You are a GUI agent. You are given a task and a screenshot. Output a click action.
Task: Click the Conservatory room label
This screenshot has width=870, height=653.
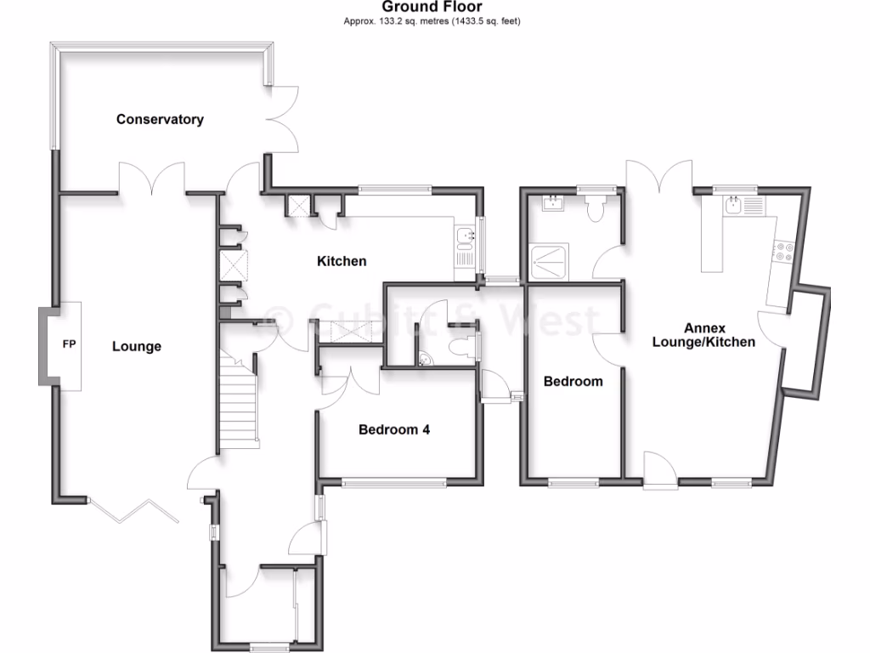(160, 119)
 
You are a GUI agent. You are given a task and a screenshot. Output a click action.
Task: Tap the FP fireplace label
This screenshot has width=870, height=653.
(69, 346)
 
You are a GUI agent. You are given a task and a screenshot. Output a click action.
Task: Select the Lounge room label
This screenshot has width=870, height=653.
(136, 346)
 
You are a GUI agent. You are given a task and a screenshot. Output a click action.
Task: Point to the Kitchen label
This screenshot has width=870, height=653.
(342, 261)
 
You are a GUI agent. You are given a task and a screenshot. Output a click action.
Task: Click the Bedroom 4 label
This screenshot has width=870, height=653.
(393, 429)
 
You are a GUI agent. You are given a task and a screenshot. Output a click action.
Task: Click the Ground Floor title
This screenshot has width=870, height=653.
(432, 8)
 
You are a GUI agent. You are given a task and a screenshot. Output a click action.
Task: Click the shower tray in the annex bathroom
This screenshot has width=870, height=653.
(550, 261)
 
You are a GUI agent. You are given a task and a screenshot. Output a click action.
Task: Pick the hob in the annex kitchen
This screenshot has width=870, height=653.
(782, 250)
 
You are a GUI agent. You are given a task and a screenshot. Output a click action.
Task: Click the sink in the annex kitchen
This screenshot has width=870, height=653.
(732, 204)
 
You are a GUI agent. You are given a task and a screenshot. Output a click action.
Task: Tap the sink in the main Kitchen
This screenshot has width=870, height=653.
(465, 236)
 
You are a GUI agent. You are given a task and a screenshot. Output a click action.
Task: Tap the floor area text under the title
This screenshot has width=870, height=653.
(432, 21)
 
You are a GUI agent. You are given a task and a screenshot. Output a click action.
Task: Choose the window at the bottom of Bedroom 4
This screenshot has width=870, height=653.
(394, 482)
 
